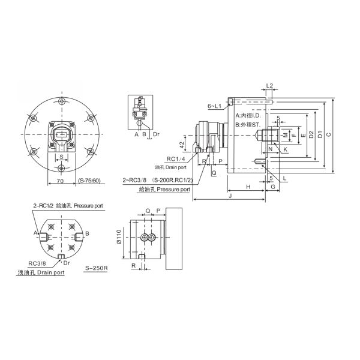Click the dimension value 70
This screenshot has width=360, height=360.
point(60,179)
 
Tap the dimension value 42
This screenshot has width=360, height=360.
point(181,145)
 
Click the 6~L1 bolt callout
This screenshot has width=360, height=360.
point(215,106)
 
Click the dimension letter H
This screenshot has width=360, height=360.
point(248,187)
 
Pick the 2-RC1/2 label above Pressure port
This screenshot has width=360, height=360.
point(46,206)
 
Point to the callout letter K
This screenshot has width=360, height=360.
point(285,148)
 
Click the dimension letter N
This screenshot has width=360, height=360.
point(271,148)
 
